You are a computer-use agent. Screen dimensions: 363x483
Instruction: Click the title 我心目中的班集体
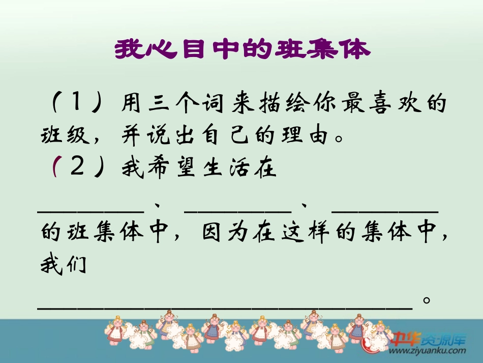tap(242, 50)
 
